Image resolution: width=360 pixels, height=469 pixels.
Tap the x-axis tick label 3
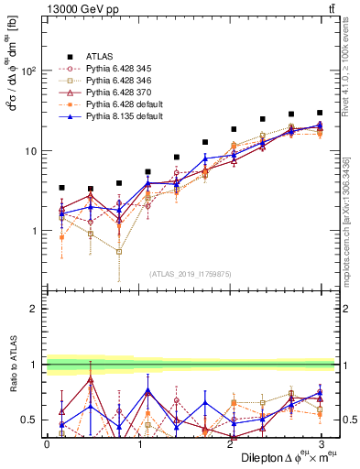[320, 443]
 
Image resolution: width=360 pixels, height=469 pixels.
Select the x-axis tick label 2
[229, 443]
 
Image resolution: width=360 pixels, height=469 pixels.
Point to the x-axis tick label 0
[47, 443]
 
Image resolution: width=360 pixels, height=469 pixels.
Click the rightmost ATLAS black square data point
[320, 113]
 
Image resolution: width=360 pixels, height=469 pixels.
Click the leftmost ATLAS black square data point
[61, 188]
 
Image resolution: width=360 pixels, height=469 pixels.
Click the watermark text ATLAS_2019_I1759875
[190, 273]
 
